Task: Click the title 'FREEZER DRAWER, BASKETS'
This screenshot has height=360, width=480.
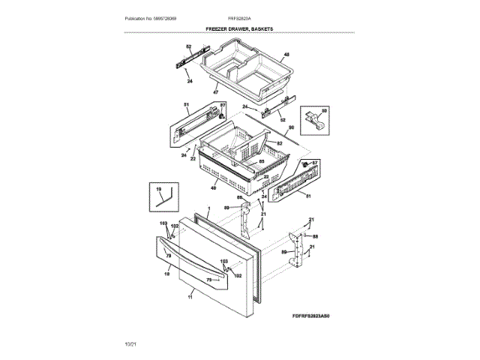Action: click(x=239, y=28)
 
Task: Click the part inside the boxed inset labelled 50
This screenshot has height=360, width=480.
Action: click(x=314, y=118)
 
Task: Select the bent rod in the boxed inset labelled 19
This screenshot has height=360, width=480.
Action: click(x=164, y=197)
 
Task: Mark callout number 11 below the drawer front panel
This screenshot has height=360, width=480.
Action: click(x=190, y=296)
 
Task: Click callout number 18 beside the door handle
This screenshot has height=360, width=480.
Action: click(x=166, y=275)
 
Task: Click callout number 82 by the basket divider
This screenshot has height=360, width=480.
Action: click(x=279, y=142)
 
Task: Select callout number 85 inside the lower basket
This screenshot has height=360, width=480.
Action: click(x=262, y=162)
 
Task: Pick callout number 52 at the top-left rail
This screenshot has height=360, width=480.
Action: click(x=188, y=47)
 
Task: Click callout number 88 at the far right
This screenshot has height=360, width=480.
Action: click(x=315, y=236)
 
